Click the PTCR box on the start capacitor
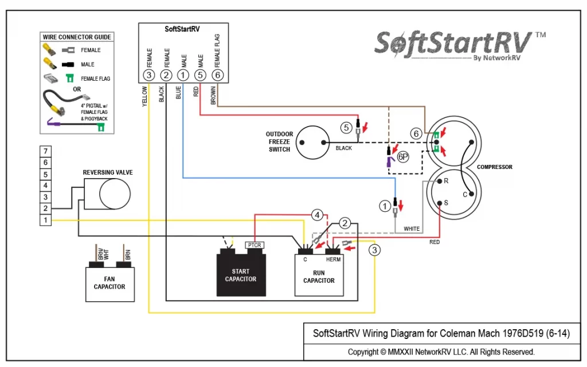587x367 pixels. coord(255,245)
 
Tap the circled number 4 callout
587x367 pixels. coord(317,215)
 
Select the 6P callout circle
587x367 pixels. coord(403,157)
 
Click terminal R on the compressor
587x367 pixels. coord(440,181)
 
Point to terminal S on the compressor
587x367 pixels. coord(440,203)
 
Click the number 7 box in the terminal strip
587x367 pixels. coord(45,151)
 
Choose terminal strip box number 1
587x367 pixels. coord(45,220)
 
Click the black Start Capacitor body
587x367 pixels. coord(241,275)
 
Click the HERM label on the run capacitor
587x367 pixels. coord(333,259)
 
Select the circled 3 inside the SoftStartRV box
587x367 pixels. coord(149,75)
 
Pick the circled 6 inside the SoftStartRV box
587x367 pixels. coord(217,75)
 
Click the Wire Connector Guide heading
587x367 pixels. coord(77,37)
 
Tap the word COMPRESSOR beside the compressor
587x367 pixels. coord(495,167)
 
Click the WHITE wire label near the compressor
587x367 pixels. coord(412,228)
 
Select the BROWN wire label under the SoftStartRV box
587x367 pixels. coord(213,95)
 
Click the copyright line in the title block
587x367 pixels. coord(441,352)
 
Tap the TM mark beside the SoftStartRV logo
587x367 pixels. coord(540,35)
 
